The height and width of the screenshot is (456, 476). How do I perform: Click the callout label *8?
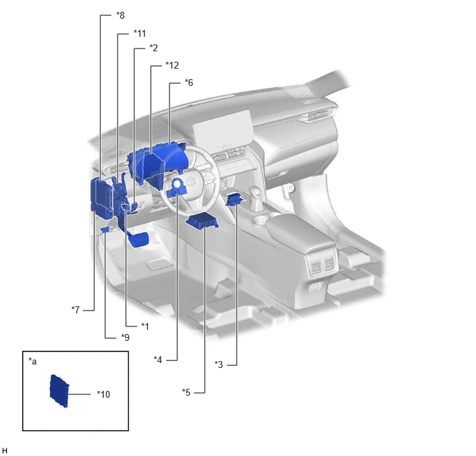click(x=120, y=15)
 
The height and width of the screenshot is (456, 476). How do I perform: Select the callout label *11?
click(x=140, y=33)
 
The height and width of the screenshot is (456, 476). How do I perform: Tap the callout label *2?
click(x=154, y=48)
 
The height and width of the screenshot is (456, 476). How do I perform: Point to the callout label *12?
click(x=172, y=65)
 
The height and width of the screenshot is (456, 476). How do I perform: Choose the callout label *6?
click(x=188, y=82)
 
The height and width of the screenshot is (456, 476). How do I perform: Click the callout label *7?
click(x=75, y=310)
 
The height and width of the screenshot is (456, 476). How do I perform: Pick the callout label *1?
click(x=145, y=326)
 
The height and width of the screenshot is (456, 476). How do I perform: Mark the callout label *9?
click(x=125, y=337)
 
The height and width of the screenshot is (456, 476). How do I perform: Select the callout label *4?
click(x=158, y=360)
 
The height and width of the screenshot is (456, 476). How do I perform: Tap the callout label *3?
click(x=219, y=365)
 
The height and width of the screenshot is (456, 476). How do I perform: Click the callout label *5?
click(x=186, y=392)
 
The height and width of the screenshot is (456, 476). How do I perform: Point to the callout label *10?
click(x=103, y=394)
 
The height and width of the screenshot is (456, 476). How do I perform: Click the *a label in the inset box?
click(x=33, y=361)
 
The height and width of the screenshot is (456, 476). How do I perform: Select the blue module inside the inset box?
click(x=59, y=391)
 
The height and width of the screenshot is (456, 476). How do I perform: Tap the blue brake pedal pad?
click(x=138, y=239)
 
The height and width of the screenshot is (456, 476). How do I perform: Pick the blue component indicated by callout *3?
click(x=235, y=200)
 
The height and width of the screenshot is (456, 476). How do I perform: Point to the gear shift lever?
click(x=256, y=198)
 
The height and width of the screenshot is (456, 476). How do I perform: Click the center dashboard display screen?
click(x=223, y=130)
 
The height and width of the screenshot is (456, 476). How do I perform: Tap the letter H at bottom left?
click(x=5, y=450)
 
